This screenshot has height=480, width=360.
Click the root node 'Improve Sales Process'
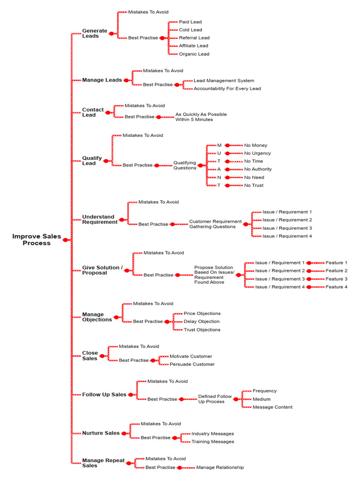tap(37, 240)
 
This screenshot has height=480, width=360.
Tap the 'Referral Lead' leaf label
tap(194, 37)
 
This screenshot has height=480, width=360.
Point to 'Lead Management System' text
tap(224, 81)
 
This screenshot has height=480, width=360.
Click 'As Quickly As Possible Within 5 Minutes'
tap(201, 117)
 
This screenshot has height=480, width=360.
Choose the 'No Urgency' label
tap(257, 153)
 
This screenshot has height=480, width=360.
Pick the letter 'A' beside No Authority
tap(219, 169)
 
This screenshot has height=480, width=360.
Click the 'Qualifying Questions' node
tap(185, 165)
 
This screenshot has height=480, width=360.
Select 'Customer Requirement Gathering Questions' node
tap(215, 224)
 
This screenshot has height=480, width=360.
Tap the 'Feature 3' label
tap(337, 279)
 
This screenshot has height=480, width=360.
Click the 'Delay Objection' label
tap(202, 322)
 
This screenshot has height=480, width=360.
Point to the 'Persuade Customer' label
tap(192, 364)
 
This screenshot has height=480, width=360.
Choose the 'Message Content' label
tap(272, 407)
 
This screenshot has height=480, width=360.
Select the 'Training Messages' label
tap(213, 442)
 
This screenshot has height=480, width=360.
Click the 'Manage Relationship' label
tap(220, 467)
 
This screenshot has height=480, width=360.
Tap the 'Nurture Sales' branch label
tap(101, 433)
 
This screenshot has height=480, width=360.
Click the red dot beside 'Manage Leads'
tap(126, 80)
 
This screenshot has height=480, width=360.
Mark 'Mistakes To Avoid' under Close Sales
tap(139, 346)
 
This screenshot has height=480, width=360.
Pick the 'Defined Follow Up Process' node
tap(215, 399)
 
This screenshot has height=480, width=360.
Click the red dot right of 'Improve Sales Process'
tap(65, 240)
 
